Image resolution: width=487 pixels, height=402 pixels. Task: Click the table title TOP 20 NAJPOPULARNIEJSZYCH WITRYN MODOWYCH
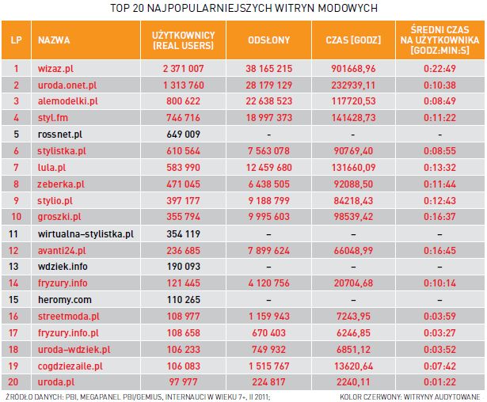pyautogui.click(x=243, y=8)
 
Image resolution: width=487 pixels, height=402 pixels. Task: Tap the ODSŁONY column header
pyautogui.click(x=268, y=39)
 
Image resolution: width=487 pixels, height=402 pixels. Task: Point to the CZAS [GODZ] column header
pyautogui.click(x=354, y=39)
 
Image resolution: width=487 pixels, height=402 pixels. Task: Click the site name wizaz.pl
pyautogui.click(x=56, y=68)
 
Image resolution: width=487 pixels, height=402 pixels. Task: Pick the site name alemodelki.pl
pyautogui.click(x=68, y=100)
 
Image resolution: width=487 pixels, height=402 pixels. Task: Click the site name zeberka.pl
pyautogui.click(x=61, y=183)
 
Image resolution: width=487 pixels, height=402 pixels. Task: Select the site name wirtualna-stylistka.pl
pyautogui.click(x=86, y=233)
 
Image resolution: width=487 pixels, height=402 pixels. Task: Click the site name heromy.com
pyautogui.click(x=65, y=299)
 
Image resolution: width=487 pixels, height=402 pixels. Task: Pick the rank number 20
pyautogui.click(x=15, y=381)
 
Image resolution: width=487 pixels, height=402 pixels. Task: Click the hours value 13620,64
pyautogui.click(x=353, y=365)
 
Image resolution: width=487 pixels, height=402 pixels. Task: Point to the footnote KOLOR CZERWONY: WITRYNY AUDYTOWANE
pyautogui.click(x=409, y=396)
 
